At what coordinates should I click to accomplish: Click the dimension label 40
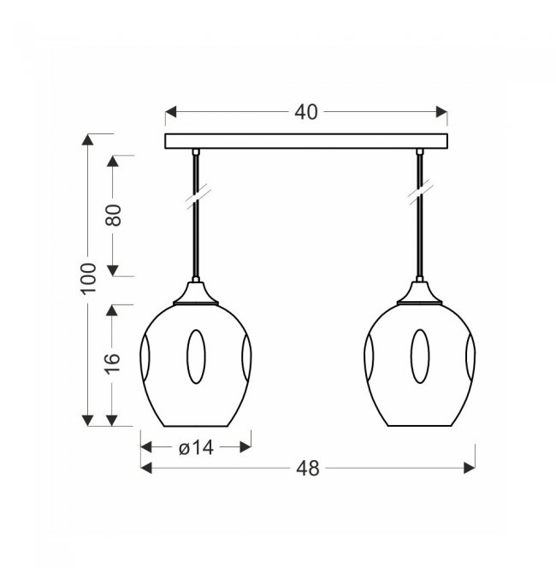(306, 112)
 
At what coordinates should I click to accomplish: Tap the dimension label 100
(88, 279)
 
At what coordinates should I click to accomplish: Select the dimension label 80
(114, 215)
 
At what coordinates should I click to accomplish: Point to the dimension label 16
(112, 363)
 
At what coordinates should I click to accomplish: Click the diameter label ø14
(196, 448)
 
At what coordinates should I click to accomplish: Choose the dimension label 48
(307, 469)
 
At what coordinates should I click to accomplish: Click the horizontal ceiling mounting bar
(306, 141)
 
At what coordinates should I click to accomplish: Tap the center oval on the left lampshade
(196, 357)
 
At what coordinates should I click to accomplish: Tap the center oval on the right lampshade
(420, 357)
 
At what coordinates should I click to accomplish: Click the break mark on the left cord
(198, 197)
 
